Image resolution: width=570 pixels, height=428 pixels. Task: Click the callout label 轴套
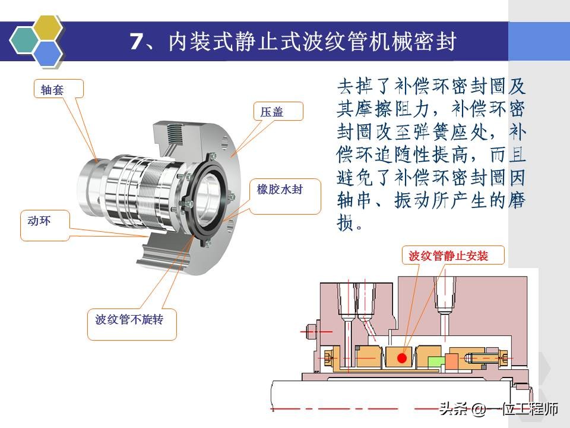pos(52,90)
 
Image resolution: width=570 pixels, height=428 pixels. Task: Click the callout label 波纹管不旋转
pos(129,319)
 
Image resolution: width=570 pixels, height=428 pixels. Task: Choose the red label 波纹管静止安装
pos(448,256)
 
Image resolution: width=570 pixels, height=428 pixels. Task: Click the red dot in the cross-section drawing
pos(402,358)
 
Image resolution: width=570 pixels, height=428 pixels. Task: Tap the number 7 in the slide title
pos(137,42)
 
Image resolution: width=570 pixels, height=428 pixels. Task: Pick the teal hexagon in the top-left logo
pos(25,39)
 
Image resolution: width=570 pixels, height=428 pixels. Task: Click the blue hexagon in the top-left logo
pos(47,53)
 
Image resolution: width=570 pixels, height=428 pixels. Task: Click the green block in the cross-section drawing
pos(436,360)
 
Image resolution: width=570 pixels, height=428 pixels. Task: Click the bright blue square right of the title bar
pos(539,41)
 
